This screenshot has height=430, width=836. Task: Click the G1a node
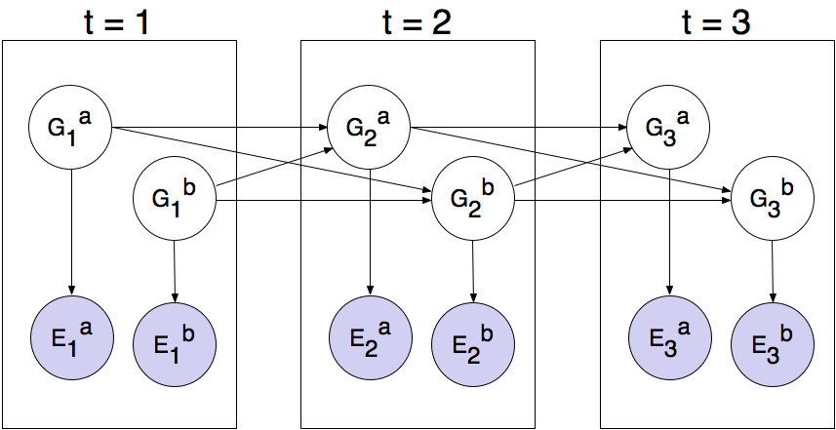[70, 127]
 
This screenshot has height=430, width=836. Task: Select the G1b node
[174, 200]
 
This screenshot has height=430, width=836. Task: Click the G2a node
[370, 127]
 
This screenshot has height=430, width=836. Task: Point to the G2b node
[473, 200]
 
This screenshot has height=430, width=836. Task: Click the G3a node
[668, 127]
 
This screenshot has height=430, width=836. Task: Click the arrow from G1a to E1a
[71, 229]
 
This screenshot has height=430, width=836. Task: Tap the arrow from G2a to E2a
[371, 229]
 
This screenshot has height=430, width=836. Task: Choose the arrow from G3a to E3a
[669, 229]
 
